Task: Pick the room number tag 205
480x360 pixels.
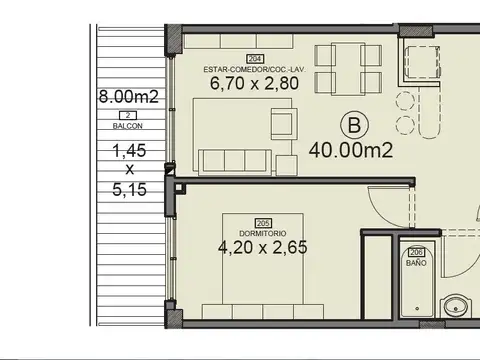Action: (263, 223)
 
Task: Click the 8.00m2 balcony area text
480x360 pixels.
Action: (127, 97)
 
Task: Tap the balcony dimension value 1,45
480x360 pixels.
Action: (128, 151)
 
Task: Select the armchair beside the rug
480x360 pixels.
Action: (282, 125)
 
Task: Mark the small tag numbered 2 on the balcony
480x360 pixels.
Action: (128, 117)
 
